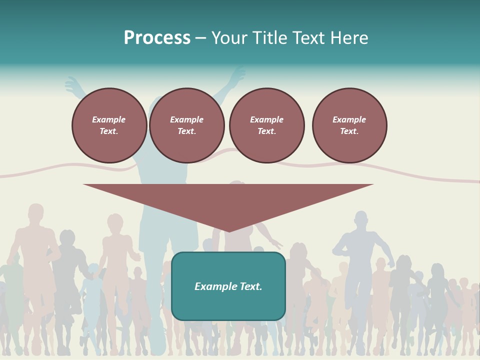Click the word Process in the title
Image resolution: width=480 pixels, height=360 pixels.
tap(157, 38)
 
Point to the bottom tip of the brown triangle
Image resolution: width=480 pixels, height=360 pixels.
tap(228, 231)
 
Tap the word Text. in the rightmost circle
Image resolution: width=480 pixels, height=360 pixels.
tap(349, 131)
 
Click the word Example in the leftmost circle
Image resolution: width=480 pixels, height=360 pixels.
tap(109, 119)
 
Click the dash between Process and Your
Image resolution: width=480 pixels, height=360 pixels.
tap(201, 38)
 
